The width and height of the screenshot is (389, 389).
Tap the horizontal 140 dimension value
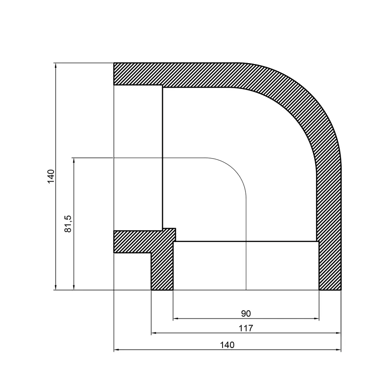coord(227,345)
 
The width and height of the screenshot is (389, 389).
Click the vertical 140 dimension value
coord(51,176)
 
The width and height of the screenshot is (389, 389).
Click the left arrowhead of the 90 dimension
coord(175,319)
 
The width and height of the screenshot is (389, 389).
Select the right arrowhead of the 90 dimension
coord(317,319)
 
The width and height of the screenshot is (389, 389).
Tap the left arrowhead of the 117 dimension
coord(153,334)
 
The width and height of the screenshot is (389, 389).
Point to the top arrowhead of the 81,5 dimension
coord(74,160)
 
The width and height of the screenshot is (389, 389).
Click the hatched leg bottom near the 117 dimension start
coord(162,277)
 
